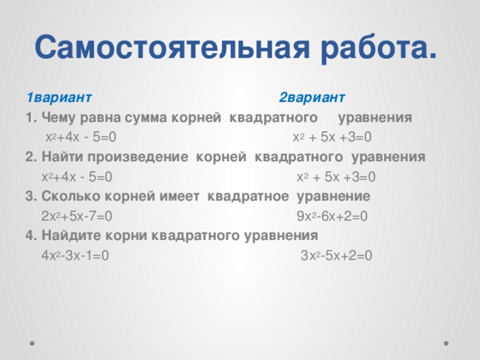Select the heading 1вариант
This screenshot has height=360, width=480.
[58, 97]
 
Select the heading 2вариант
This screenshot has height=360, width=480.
[311, 97]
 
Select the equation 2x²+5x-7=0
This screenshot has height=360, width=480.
[78, 217]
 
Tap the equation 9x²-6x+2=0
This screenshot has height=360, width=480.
[332, 217]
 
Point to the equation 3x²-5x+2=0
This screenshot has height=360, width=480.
[335, 256]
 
